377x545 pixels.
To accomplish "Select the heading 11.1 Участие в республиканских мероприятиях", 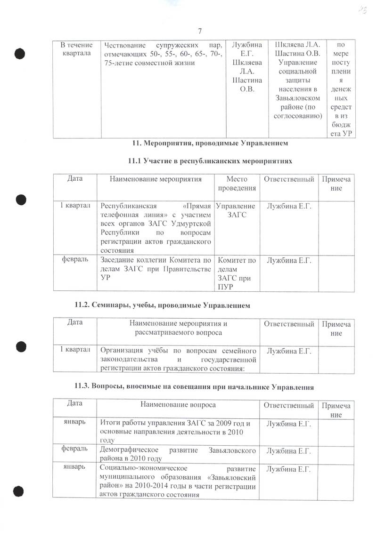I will tap(210, 161).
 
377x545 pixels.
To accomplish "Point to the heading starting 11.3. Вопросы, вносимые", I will tap(194, 387).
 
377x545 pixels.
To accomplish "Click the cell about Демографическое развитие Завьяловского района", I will tap(178, 454).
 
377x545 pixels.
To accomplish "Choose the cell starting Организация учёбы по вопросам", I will tap(178, 359).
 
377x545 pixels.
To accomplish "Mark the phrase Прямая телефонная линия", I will tap(156, 209).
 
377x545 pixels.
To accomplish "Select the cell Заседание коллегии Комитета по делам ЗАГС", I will tap(156, 268).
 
